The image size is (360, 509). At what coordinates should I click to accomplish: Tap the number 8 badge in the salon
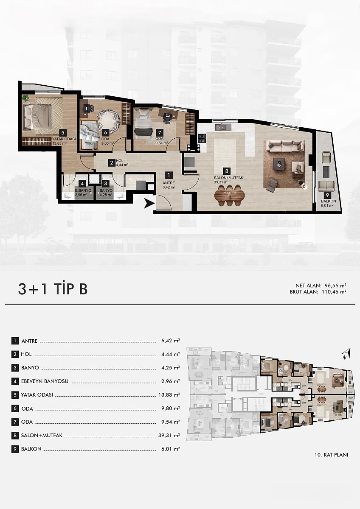click(227, 171)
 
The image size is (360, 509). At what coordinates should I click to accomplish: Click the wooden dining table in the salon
click(230, 195)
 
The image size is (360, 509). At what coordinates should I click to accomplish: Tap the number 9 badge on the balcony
click(327, 195)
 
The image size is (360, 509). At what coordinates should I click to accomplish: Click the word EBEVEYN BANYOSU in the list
click(45, 381)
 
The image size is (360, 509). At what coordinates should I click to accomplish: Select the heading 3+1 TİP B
click(53, 289)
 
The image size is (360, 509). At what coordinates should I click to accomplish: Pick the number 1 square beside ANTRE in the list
click(15, 341)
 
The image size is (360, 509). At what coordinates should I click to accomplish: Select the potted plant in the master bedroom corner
click(25, 98)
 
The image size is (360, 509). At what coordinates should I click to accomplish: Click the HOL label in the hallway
click(120, 161)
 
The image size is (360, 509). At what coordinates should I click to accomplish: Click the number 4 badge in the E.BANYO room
click(82, 183)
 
